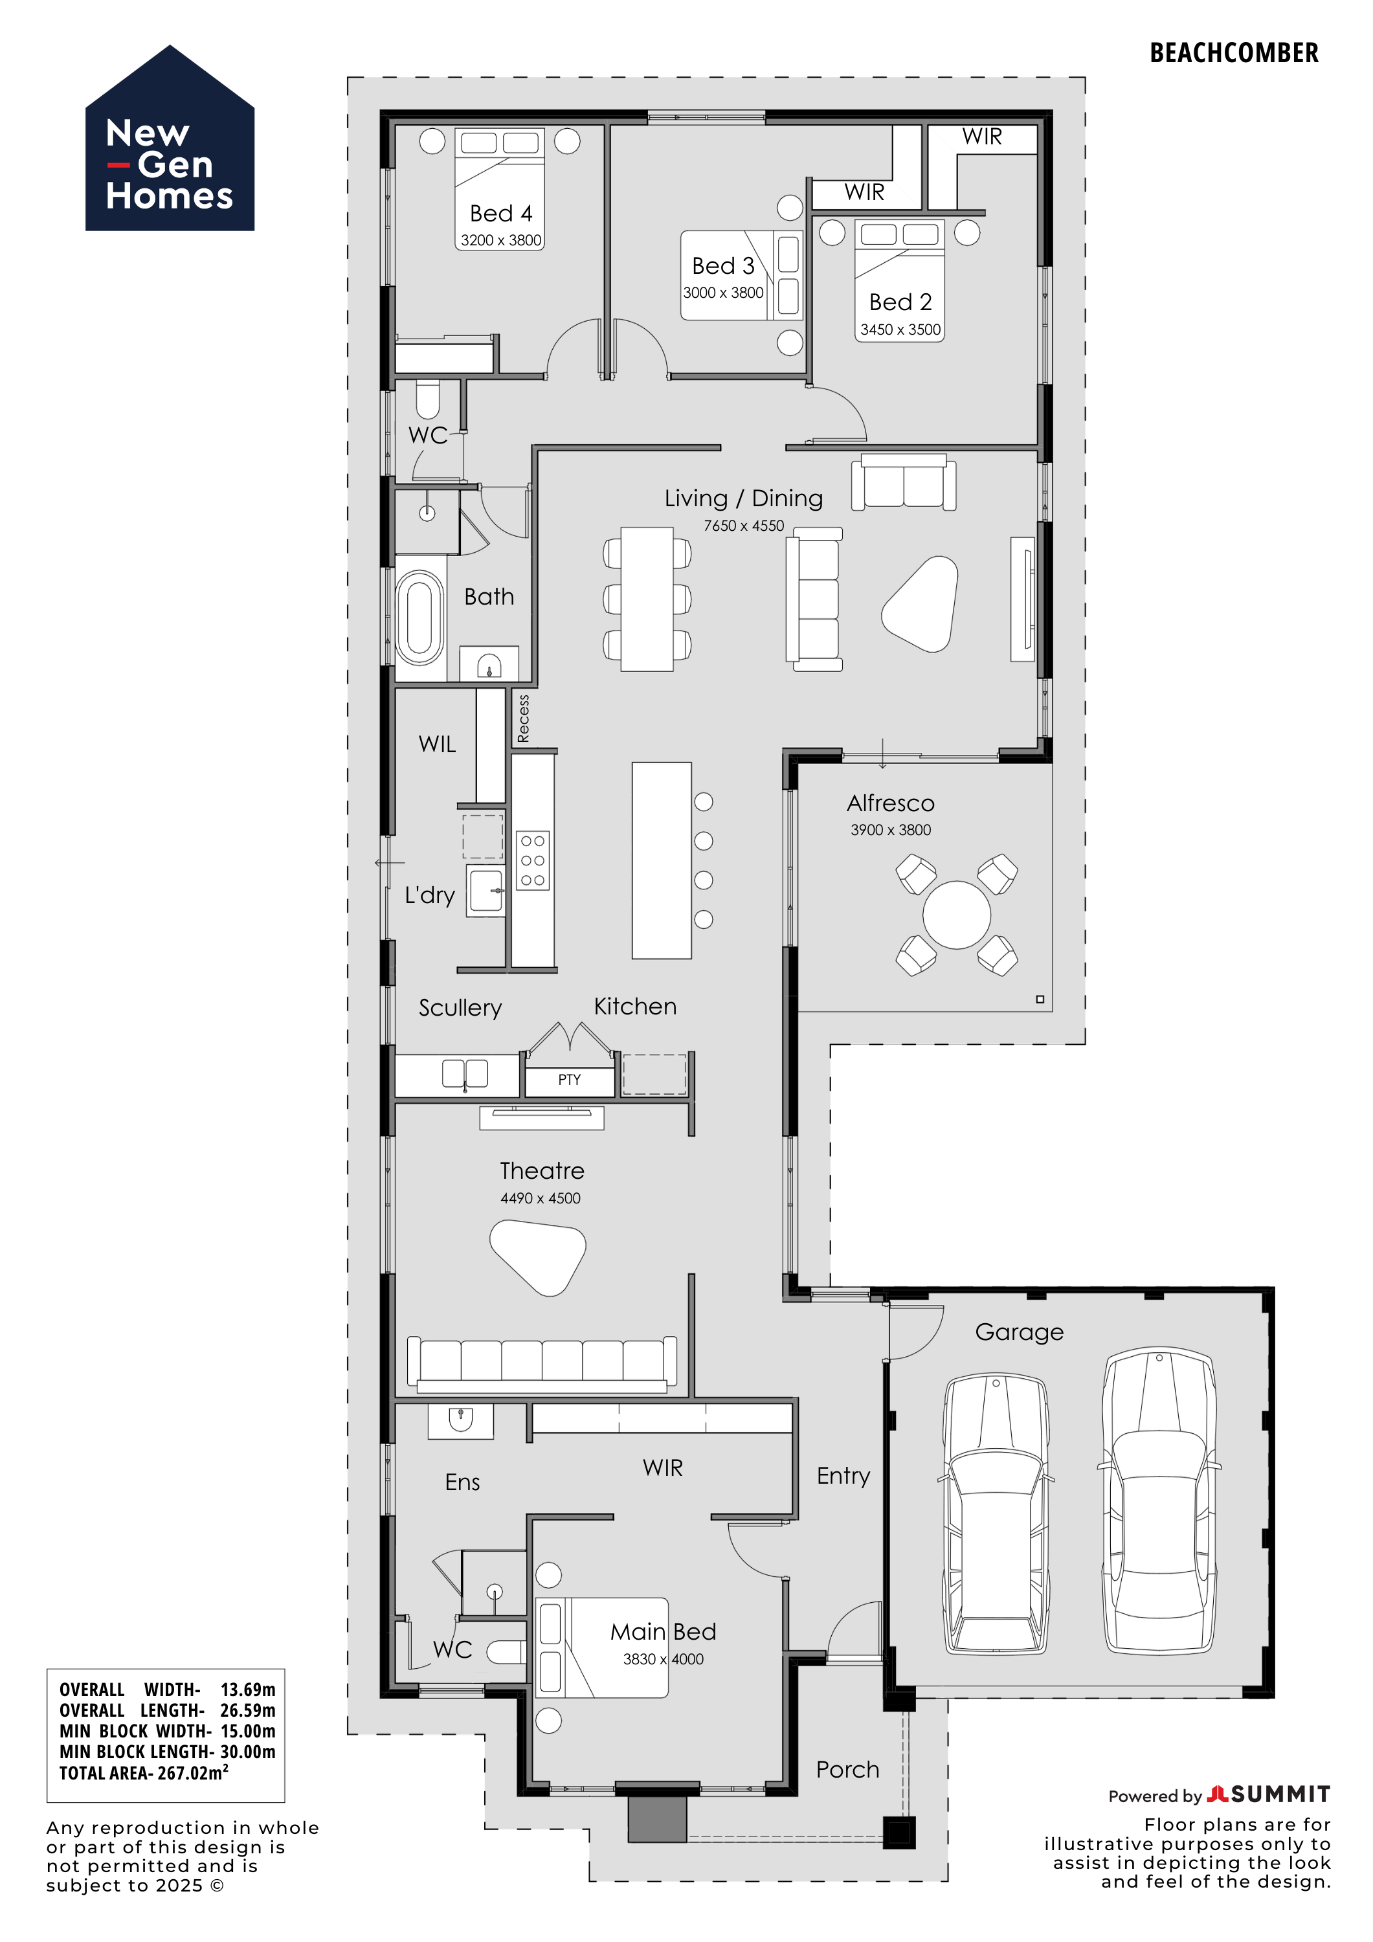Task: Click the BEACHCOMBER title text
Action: (x=1233, y=53)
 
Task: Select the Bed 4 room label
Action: (x=501, y=213)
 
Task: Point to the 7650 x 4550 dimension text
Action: (x=744, y=525)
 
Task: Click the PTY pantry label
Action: (x=570, y=1079)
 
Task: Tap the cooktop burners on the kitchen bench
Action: (x=532, y=860)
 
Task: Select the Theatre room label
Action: (x=542, y=1170)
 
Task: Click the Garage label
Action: (x=1020, y=1332)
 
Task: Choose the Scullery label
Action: (x=460, y=1007)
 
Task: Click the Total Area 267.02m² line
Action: (x=144, y=1772)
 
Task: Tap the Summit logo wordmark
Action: (x=1269, y=1794)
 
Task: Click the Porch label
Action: (x=847, y=1769)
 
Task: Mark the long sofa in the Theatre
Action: (x=542, y=1363)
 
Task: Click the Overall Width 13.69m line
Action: (x=168, y=1690)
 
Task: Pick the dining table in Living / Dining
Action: (x=647, y=599)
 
